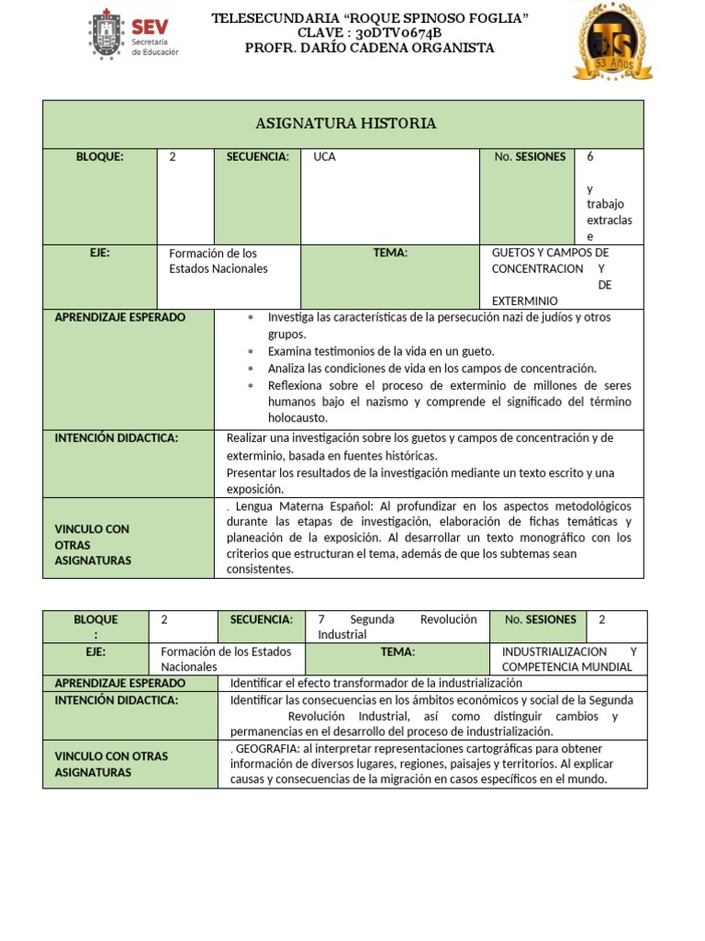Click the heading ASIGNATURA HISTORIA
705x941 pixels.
(344, 123)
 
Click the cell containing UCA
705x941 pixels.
(325, 157)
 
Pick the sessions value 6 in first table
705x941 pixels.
(590, 157)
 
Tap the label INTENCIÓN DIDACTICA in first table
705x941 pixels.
(117, 438)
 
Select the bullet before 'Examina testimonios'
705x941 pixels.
(250, 352)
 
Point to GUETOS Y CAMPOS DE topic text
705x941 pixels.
(550, 253)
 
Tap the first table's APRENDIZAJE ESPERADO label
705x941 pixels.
(119, 317)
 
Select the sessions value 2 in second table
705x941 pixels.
(602, 619)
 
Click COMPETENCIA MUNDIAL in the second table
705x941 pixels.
(567, 667)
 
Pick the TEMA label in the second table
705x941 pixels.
(397, 652)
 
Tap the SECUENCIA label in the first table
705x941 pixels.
(258, 157)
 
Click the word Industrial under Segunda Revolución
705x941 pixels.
(342, 635)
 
